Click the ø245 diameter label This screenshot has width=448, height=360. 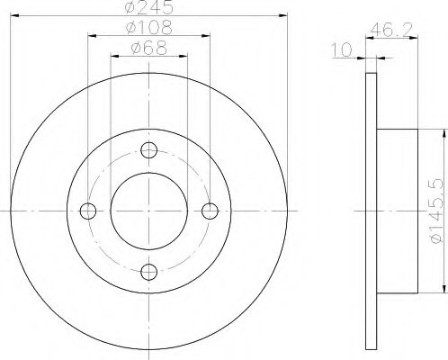(149, 6)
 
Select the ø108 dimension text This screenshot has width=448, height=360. (149, 28)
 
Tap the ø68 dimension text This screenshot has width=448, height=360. (149, 48)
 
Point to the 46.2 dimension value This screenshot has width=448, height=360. (391, 30)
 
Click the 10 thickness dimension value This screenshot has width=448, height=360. (342, 49)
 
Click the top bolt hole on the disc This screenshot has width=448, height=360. (149, 150)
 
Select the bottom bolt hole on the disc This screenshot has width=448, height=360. (149, 272)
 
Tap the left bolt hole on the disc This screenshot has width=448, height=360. (88, 211)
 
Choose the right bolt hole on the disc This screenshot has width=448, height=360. (210, 211)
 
